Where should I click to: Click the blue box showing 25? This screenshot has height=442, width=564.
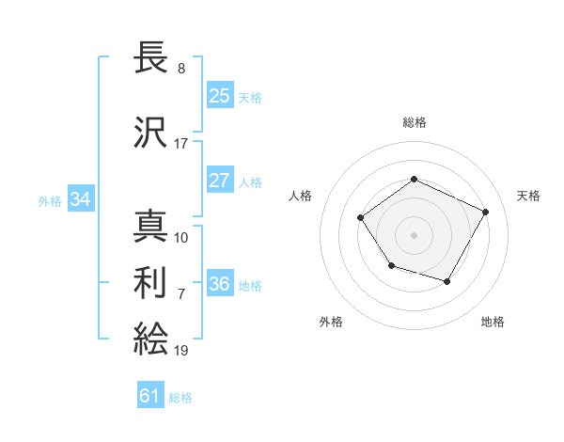click(219, 96)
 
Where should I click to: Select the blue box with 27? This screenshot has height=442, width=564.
click(219, 181)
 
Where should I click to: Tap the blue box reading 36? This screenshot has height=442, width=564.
click(219, 284)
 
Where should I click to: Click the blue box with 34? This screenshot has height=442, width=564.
click(80, 199)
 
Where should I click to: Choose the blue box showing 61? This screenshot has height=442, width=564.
click(150, 396)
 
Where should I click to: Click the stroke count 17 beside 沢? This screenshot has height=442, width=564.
click(180, 143)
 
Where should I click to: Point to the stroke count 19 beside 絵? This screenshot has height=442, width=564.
click(180, 350)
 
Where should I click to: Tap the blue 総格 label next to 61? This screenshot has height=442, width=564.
click(180, 398)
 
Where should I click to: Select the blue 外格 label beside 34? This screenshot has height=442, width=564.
click(50, 200)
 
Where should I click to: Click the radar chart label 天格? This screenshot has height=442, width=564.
click(528, 196)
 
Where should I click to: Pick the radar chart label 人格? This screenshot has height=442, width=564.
click(301, 196)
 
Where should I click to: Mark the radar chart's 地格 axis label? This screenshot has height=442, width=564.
click(493, 322)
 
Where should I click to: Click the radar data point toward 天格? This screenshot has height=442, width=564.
click(485, 212)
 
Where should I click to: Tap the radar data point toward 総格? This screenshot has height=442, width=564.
click(414, 179)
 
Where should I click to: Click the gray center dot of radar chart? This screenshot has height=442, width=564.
click(414, 234)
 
